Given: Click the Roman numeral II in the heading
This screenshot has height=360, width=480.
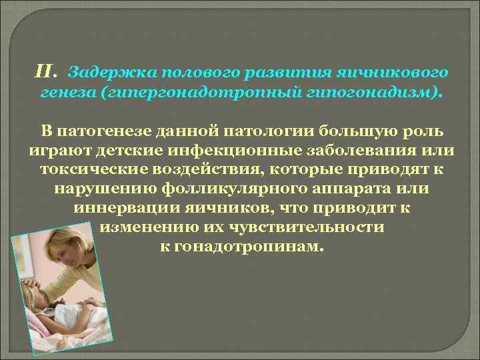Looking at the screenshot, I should click(46, 69).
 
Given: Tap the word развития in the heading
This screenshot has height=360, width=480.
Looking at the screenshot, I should click(248, 70).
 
